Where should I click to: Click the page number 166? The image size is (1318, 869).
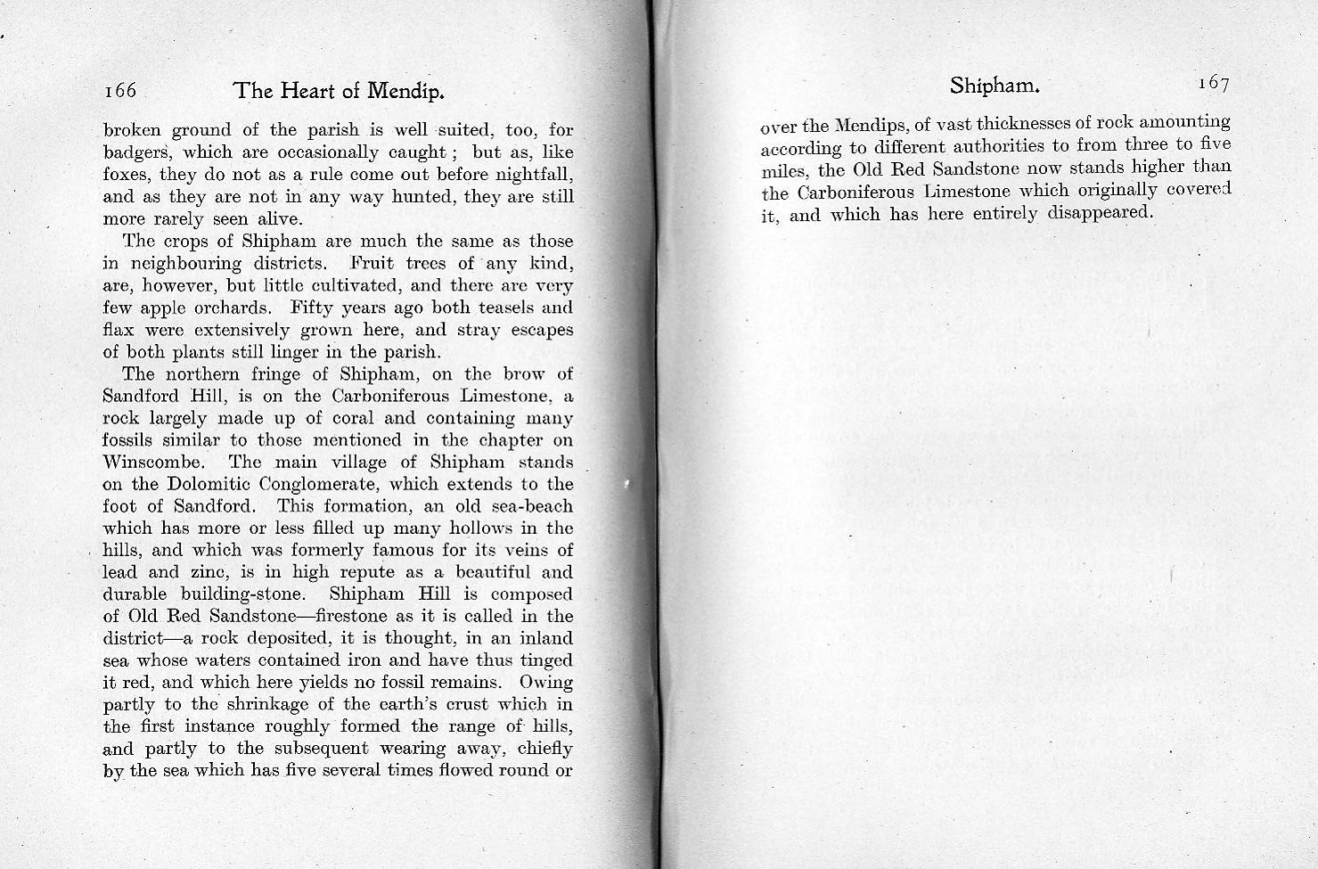click(119, 91)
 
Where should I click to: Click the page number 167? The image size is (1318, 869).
click(1213, 84)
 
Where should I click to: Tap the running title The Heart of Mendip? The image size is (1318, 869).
click(339, 91)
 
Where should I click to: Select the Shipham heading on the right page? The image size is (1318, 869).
click(995, 86)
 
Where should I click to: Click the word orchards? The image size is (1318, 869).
click(234, 307)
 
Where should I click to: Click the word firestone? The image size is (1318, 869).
click(353, 616)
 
